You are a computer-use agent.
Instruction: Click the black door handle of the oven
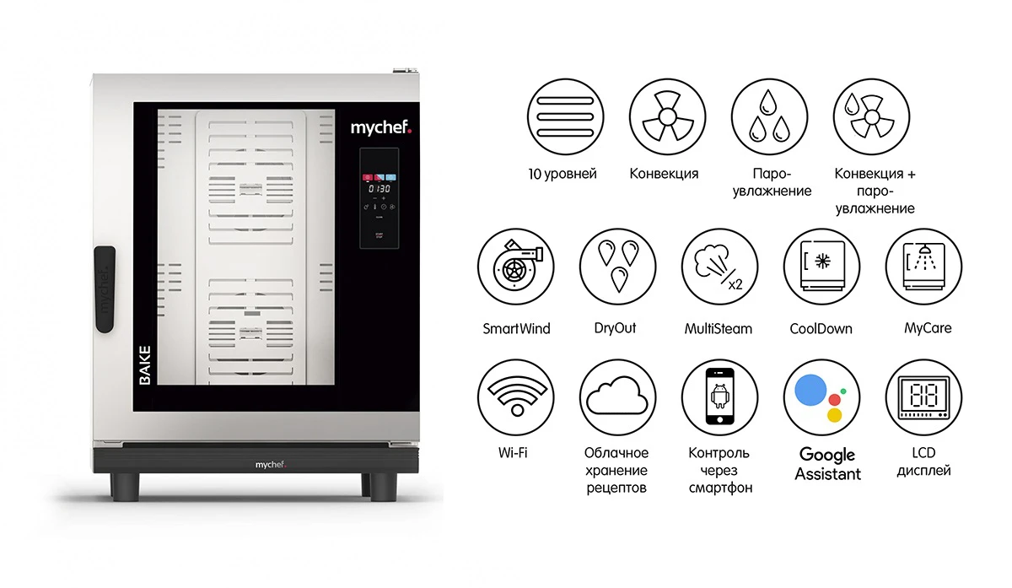point(105,289)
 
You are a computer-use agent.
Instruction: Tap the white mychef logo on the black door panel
point(381,128)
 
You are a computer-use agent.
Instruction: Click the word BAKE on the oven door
point(144,365)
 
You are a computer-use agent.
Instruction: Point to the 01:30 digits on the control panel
point(379,188)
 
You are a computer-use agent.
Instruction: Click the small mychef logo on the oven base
point(270,465)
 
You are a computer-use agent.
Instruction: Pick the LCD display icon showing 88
point(923,397)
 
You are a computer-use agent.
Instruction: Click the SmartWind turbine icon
point(516,267)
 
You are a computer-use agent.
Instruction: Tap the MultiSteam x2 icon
point(719,267)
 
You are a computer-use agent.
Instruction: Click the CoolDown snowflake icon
point(821,267)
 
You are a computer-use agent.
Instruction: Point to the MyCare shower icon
point(923,267)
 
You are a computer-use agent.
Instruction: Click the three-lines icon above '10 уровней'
point(565,117)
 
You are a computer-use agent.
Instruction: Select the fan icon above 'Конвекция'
point(667,117)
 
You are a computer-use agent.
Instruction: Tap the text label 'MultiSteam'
point(719,328)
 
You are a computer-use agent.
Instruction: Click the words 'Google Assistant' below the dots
point(827,464)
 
